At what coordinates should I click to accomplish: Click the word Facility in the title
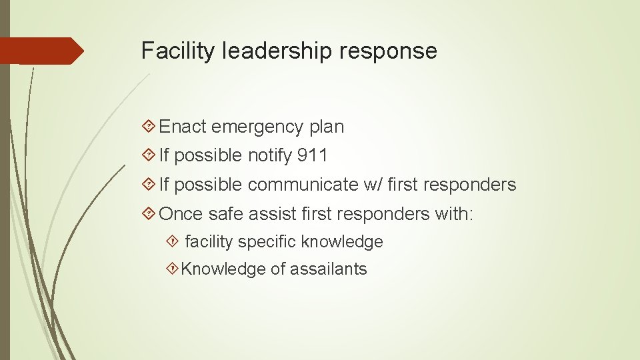[172, 51]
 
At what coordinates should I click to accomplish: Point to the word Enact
[183, 126]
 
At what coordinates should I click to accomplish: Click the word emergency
[258, 127]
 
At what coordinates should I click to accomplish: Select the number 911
[313, 155]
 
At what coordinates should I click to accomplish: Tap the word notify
[269, 156]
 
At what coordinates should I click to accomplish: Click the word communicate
[303, 185]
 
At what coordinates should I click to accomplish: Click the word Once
[181, 213]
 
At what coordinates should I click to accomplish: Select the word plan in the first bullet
[327, 127]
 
